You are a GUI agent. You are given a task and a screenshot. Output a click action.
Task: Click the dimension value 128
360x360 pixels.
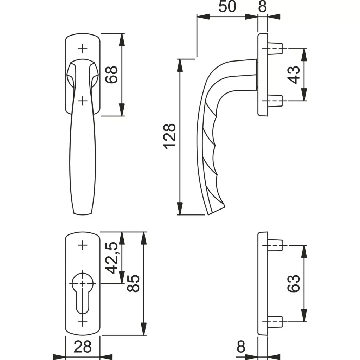pyautogui.click(x=170, y=137)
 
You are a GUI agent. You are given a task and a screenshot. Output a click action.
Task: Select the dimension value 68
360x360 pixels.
pyautogui.click(x=111, y=75)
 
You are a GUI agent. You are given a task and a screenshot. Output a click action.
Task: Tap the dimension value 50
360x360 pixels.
pyautogui.click(x=227, y=7)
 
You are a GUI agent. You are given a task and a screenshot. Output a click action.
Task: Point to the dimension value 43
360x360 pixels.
pyautogui.click(x=294, y=75)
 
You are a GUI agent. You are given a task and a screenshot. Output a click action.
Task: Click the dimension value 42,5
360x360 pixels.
pyautogui.click(x=112, y=258)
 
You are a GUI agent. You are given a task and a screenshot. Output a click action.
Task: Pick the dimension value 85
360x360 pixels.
pyautogui.click(x=133, y=283)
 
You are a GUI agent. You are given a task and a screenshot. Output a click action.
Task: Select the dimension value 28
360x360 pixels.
pyautogui.click(x=83, y=346)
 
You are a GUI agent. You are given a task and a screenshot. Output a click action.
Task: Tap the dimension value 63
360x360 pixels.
pyautogui.click(x=294, y=283)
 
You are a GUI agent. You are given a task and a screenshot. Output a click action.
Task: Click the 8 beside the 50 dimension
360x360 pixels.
pyautogui.click(x=262, y=7)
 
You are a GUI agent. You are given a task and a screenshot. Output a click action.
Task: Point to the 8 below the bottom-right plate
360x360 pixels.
pyautogui.click(x=241, y=346)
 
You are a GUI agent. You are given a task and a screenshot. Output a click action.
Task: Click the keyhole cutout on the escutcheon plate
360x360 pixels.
pyautogui.click(x=83, y=291)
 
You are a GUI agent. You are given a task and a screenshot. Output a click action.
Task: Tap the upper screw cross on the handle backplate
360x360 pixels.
pyautogui.click(x=83, y=49)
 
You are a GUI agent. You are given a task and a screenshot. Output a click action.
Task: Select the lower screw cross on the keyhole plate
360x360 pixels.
pyautogui.click(x=83, y=322)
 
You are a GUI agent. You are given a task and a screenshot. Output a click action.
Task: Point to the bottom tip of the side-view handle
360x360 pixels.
pyautogui.click(x=208, y=215)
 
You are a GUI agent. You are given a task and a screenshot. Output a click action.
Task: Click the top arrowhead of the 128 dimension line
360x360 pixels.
pyautogui.click(x=180, y=65)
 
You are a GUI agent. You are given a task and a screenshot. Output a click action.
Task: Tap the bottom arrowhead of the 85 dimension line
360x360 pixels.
pyautogui.click(x=144, y=329)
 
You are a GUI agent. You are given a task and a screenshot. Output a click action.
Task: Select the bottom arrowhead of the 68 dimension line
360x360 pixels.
pyautogui.click(x=122, y=110)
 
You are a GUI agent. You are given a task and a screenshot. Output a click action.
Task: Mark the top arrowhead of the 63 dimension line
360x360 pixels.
pyautogui.click(x=304, y=252)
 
